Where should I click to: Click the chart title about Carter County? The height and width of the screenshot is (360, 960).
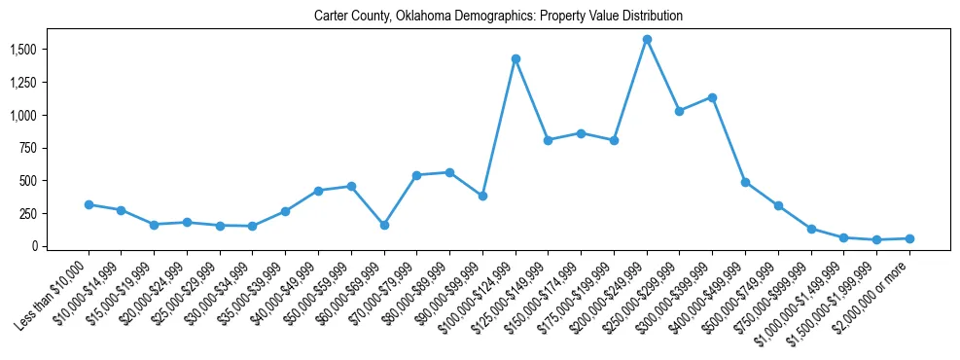click(x=498, y=17)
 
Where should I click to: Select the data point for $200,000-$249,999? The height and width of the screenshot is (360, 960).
click(x=647, y=40)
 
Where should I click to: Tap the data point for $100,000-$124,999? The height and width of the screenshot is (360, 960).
click(x=516, y=59)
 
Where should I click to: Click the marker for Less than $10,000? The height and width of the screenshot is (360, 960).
click(x=89, y=204)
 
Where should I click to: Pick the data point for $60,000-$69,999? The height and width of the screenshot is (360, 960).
click(x=384, y=225)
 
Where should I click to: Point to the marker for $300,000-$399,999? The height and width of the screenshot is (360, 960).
click(x=713, y=97)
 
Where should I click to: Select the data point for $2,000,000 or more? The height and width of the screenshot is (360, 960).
click(x=909, y=238)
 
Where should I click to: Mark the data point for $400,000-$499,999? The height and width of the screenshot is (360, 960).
click(x=745, y=182)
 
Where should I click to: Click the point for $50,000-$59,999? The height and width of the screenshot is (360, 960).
click(x=351, y=186)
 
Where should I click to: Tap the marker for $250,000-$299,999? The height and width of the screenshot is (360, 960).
click(x=680, y=111)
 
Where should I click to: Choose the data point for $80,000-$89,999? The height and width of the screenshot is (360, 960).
click(x=449, y=172)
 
